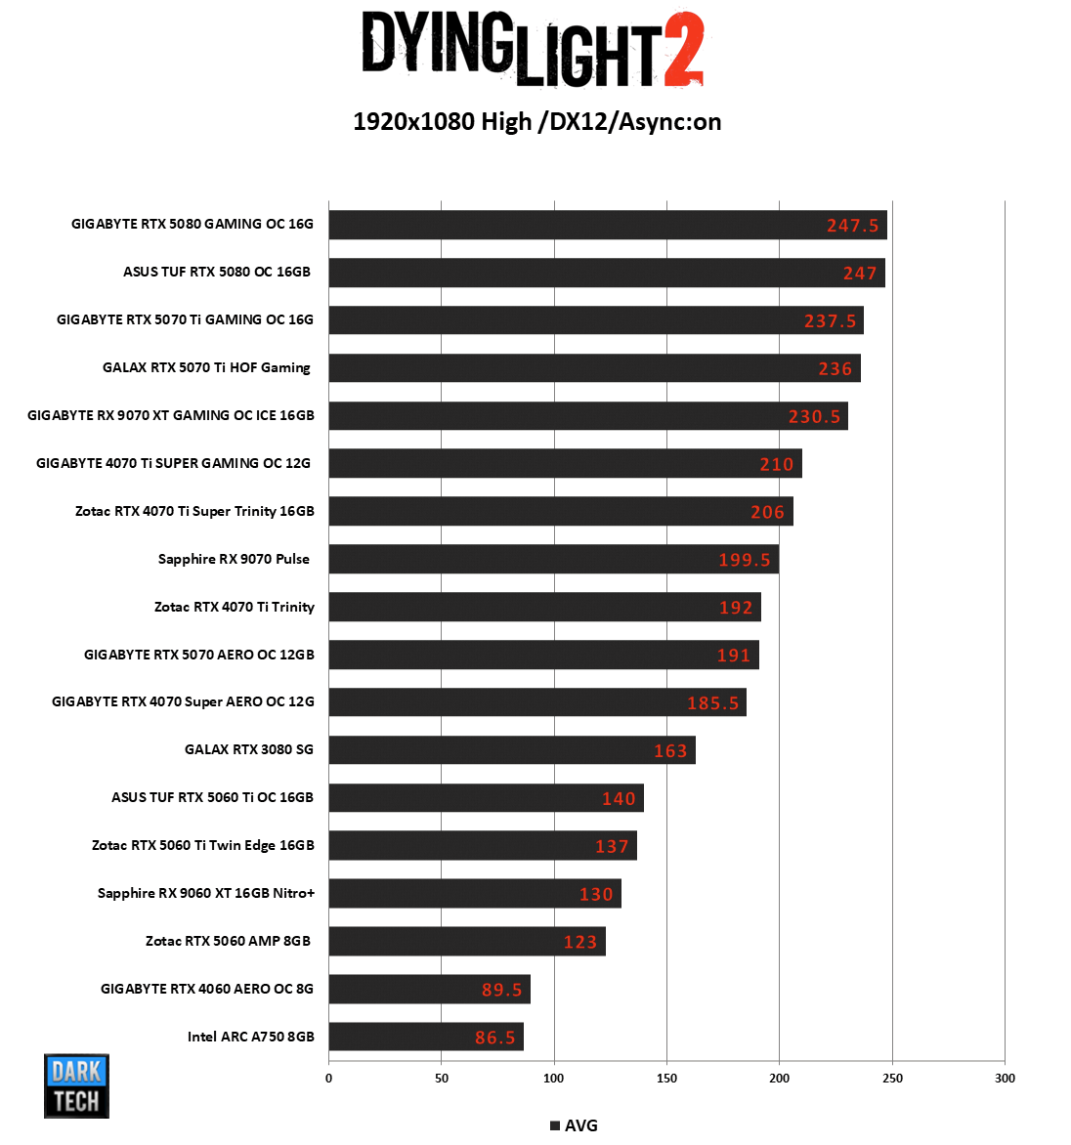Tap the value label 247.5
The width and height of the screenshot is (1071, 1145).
852,226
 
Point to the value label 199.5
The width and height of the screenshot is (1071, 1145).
745,560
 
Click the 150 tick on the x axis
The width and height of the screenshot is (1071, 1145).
666,1079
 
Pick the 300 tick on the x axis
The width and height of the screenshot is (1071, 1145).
1005,1079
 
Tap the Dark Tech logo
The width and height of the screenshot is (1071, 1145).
76,1085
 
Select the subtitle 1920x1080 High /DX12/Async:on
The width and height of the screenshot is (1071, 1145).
536,122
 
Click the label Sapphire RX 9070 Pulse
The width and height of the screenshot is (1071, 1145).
234,559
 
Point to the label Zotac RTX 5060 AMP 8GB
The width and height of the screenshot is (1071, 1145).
228,941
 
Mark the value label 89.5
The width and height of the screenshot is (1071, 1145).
502,990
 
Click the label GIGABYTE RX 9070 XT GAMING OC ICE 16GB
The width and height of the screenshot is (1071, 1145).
171,415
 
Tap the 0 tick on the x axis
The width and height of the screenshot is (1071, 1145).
328,1079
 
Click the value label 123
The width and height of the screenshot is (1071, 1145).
580,942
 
